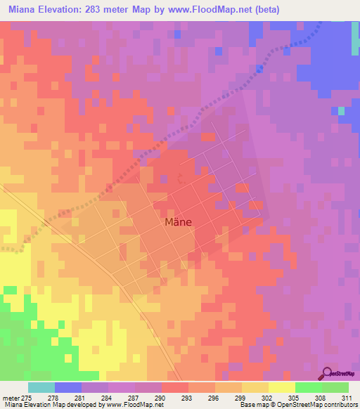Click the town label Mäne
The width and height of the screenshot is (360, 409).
point(178,222)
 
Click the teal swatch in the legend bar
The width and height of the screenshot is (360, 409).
point(41,387)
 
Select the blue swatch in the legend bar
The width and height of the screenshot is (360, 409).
point(68,387)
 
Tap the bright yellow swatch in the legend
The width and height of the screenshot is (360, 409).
point(281,387)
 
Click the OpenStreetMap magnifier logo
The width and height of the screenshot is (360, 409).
point(328,374)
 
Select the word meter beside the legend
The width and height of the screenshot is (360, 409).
point(11,397)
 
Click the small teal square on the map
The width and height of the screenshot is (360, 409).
point(341,110)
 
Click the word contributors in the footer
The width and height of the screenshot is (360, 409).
point(340,405)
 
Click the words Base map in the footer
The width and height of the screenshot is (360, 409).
point(252,405)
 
